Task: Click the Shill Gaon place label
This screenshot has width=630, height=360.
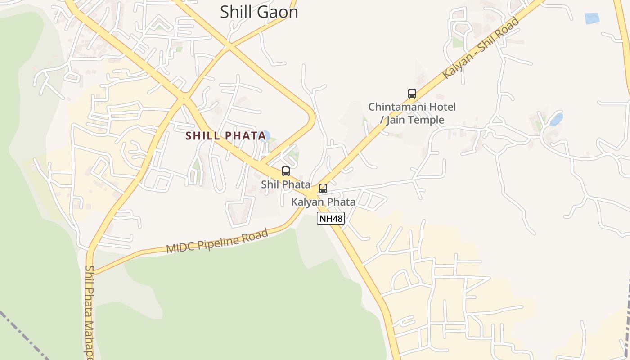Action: [259, 12]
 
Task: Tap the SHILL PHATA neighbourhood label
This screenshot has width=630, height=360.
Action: [226, 136]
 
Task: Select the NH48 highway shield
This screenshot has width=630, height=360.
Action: [331, 219]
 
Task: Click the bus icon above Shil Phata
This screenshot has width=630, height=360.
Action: [286, 171]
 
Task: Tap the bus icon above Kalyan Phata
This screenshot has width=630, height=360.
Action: [323, 189]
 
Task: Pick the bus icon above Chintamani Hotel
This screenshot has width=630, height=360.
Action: [412, 94]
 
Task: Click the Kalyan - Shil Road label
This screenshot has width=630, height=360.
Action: [481, 48]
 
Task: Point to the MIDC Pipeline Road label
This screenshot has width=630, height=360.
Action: [217, 241]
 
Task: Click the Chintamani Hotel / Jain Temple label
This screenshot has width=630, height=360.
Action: [412, 113]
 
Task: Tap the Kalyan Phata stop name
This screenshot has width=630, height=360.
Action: [323, 202]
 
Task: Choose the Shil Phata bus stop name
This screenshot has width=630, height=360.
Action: [286, 184]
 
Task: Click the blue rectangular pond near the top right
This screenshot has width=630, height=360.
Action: [592, 18]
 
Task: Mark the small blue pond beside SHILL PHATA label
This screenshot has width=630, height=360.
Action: [265, 135]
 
